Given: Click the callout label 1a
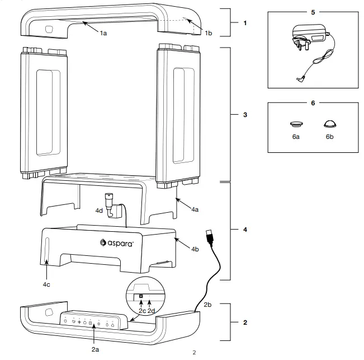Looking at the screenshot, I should (103, 34).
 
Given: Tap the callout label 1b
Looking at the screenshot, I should (208, 34).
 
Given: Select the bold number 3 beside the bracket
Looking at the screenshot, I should (245, 114).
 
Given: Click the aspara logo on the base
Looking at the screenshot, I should (117, 242).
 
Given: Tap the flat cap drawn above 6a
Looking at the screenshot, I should (296, 123).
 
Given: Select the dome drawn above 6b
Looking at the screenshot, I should (330, 123).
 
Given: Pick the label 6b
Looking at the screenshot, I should (330, 137).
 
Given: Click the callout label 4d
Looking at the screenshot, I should (99, 211).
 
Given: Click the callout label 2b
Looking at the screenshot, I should (207, 304).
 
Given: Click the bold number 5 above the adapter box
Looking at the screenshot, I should (313, 11).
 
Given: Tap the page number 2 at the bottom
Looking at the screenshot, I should (194, 353).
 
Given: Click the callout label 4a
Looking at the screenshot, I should (194, 209).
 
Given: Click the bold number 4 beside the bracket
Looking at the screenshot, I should (245, 230).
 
